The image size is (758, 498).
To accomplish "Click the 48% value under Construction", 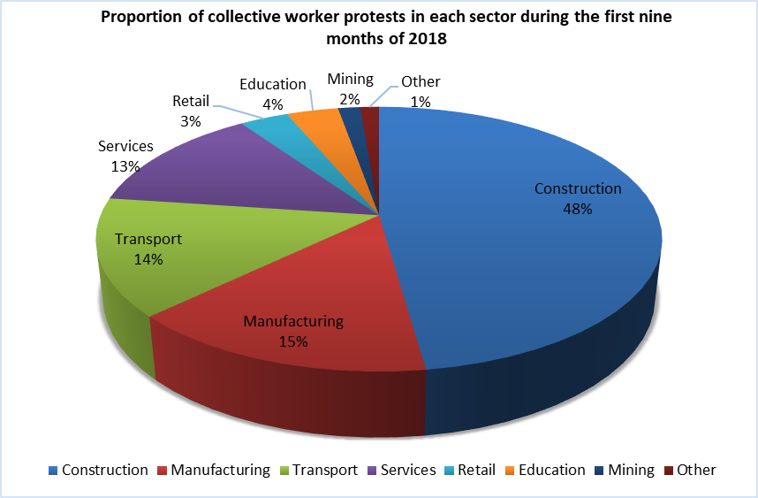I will click(578, 210).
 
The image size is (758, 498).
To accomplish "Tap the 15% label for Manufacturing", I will click(292, 341).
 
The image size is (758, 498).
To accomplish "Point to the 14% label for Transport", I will click(148, 260).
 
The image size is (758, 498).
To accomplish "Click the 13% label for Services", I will click(125, 166).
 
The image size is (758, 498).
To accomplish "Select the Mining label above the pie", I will click(350, 80).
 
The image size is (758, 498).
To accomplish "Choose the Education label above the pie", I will click(272, 85).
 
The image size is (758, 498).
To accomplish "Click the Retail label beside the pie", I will click(191, 101).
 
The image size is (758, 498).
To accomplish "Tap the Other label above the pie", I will click(421, 82).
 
